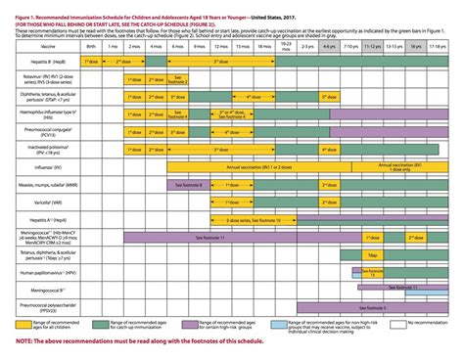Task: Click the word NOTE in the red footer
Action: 26,341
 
